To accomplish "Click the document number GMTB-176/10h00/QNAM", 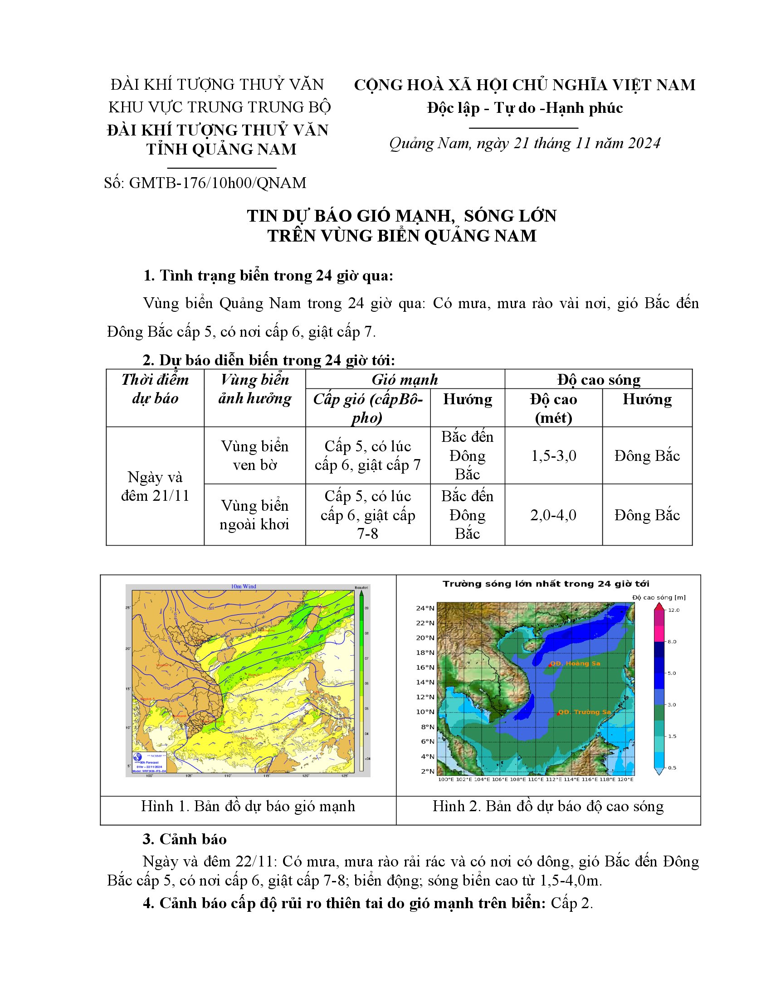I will click(x=217, y=183).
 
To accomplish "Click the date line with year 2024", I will click(x=524, y=143).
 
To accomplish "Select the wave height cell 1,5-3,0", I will click(x=553, y=455).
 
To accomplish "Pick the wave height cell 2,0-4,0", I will click(x=553, y=515).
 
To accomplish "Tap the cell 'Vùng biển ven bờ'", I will click(x=254, y=455).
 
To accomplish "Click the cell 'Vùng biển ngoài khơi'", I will click(x=254, y=515).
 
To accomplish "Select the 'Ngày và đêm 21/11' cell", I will click(x=155, y=486).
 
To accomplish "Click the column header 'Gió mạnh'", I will click(x=405, y=379).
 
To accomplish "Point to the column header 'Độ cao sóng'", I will click(x=598, y=379).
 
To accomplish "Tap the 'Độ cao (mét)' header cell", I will click(x=553, y=408).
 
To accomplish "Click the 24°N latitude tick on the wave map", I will click(x=425, y=608).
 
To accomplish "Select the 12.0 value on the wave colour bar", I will click(x=673, y=610).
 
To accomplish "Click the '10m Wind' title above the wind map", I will click(x=244, y=586).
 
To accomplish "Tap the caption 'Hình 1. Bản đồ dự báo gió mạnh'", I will click(x=248, y=806).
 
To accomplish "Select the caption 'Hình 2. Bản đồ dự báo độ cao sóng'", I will click(x=548, y=806).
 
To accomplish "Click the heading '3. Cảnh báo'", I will click(x=185, y=839).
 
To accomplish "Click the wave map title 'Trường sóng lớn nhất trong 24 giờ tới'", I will click(x=546, y=584).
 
